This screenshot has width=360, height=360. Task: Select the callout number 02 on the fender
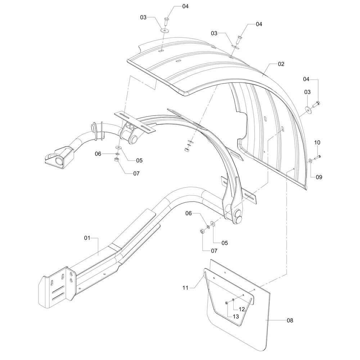point(281,64)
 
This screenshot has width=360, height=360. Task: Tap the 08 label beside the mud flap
point(289,320)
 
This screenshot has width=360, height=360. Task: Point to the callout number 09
point(319,177)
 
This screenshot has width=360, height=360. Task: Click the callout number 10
point(317,143)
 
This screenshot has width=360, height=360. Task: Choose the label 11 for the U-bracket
point(186,288)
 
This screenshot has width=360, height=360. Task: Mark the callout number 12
point(242,309)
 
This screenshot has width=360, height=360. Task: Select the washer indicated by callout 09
point(310,160)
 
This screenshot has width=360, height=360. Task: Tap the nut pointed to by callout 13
point(226,303)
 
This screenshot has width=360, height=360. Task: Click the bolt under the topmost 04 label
point(167,21)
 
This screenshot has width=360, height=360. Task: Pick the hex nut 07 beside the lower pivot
point(202,230)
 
